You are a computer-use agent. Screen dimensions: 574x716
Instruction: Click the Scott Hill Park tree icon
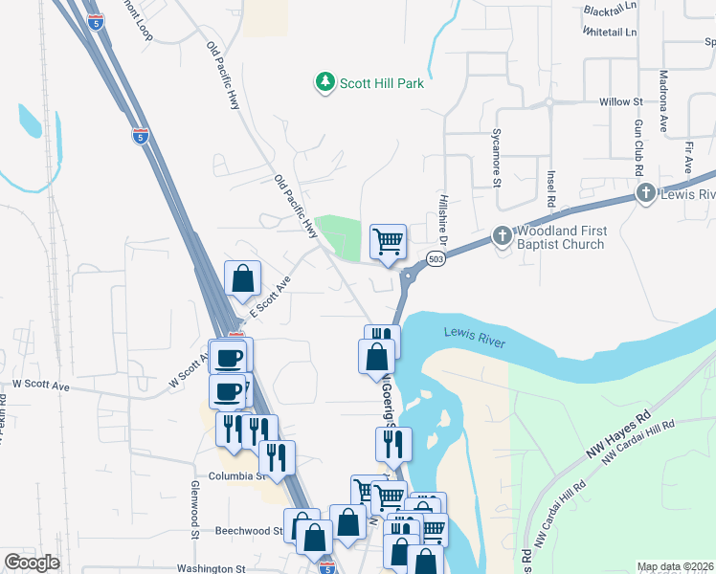tap(325, 83)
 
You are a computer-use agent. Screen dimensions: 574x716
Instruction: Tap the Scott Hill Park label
tap(380, 83)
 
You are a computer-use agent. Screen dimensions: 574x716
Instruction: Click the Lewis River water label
tap(474, 337)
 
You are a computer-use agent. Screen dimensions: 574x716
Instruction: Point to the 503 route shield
tap(436, 260)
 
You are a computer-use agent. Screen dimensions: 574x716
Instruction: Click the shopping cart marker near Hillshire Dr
tap(388, 241)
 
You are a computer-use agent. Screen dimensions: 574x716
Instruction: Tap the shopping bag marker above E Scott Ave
tap(244, 278)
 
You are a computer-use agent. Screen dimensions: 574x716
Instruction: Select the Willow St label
tap(620, 101)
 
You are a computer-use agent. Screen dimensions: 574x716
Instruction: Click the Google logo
tap(31, 563)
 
